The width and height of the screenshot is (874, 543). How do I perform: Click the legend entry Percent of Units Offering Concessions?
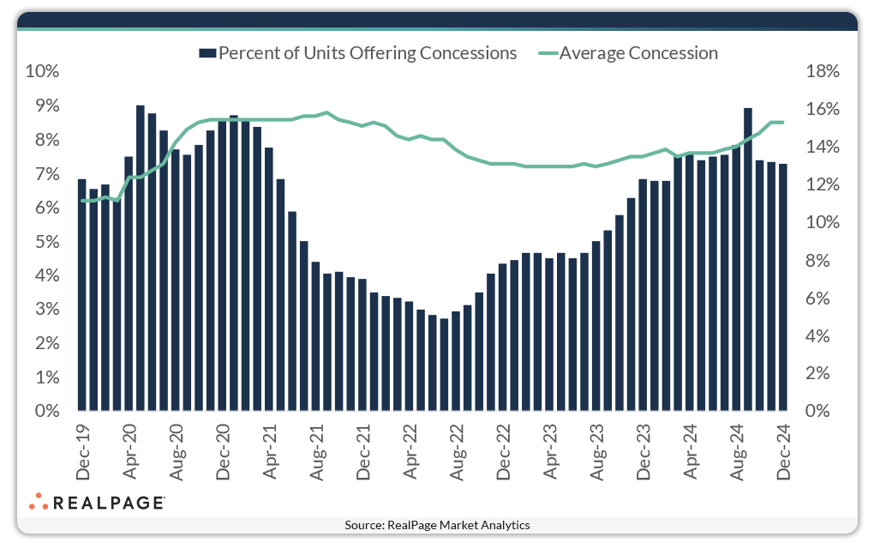click(358, 53)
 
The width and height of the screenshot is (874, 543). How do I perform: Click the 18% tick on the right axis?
click(823, 72)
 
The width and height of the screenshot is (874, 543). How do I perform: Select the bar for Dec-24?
click(783, 287)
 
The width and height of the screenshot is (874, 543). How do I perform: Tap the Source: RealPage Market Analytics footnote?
click(437, 525)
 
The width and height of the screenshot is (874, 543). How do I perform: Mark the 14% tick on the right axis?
click(823, 148)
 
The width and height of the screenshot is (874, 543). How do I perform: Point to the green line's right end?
click(783, 122)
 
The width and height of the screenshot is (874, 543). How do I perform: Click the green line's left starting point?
click(82, 201)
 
